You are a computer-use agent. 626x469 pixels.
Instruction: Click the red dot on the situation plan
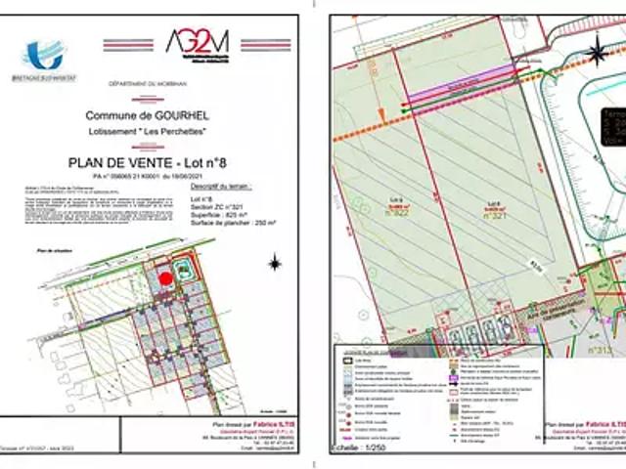click(166, 277)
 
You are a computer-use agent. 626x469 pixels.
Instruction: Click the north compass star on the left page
click(276, 262)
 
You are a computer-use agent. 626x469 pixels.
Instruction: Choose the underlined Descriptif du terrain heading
click(220, 185)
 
